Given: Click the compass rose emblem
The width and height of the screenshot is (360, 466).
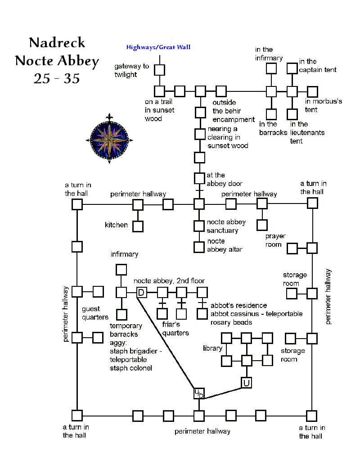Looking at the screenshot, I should [108, 138].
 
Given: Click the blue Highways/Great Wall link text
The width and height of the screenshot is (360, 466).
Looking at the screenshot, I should [158, 47].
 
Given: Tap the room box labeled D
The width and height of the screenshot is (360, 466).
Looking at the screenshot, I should [141, 293].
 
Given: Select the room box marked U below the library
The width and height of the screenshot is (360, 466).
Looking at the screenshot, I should [246, 383].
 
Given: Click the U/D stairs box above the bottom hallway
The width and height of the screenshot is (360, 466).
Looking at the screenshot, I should [199, 393].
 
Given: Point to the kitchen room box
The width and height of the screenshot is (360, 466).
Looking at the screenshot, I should [138, 225].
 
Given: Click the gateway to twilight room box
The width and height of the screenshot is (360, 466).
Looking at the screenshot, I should [159, 70].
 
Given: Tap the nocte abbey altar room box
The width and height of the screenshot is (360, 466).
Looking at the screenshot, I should [199, 247].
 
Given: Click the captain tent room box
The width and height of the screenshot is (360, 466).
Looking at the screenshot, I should [292, 68].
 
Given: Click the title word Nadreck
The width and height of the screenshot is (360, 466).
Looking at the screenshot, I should [57, 43].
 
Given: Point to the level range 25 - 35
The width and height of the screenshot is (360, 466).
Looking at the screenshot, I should [57, 78].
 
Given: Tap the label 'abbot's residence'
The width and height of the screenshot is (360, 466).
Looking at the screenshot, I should [238, 306].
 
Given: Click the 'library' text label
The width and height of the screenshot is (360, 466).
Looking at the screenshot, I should [212, 348].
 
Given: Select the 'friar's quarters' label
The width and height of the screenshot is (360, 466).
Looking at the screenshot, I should [176, 329].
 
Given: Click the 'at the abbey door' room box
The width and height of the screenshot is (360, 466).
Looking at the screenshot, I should [199, 178].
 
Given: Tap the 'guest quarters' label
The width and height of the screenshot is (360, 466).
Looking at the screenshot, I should [95, 313].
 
